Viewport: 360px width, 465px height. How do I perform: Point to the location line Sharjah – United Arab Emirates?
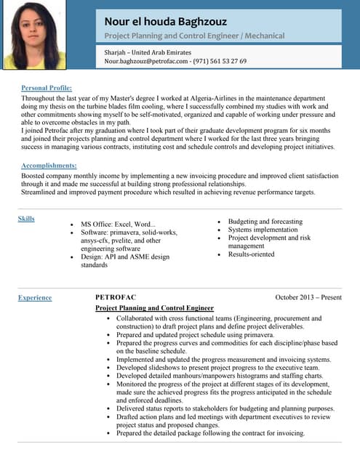pyautogui.click(x=148, y=52)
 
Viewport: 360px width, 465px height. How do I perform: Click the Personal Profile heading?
pyautogui.click(x=47, y=87)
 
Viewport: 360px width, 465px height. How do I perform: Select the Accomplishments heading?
pyautogui.click(x=49, y=166)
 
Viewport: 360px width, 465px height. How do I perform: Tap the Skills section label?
pyautogui.click(x=25, y=219)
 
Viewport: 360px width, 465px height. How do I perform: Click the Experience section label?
pyautogui.click(x=35, y=297)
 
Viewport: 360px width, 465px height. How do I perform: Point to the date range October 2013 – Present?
pyautogui.click(x=308, y=297)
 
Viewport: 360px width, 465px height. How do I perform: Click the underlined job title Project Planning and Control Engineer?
pyautogui.click(x=155, y=308)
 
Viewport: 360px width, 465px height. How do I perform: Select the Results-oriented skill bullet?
pyautogui.click(x=251, y=254)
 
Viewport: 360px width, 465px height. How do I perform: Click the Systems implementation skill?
pyautogui.click(x=263, y=230)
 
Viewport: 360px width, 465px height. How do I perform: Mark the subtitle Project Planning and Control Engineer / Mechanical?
pyautogui.click(x=194, y=36)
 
